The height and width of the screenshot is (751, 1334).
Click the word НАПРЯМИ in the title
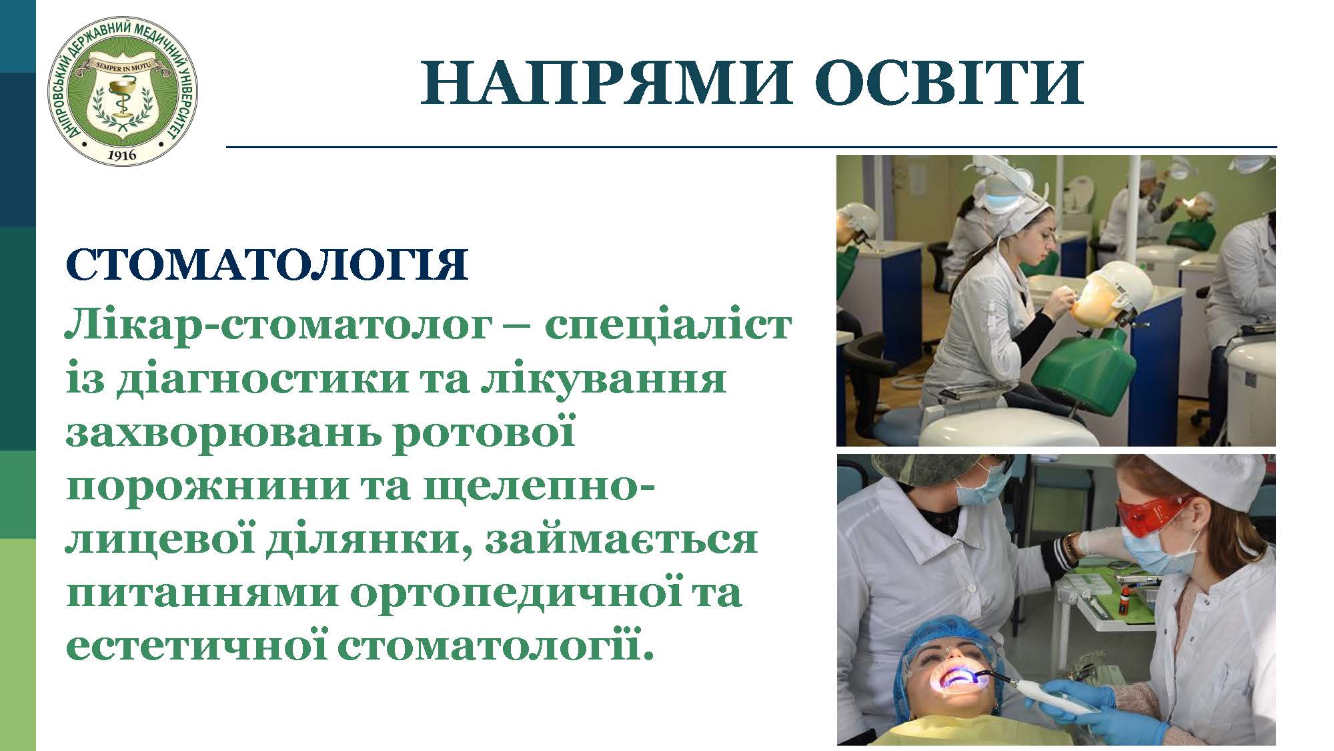pos(606,83)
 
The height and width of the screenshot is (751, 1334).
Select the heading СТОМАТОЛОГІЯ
pos(267,265)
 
